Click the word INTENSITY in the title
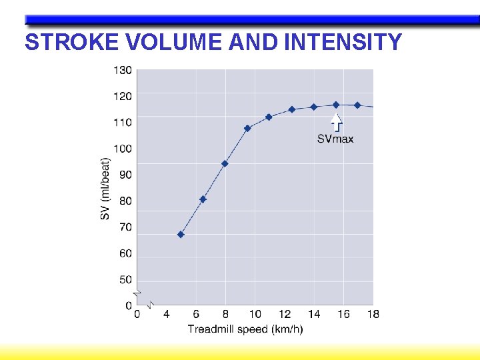click(x=343, y=42)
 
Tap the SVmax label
click(x=335, y=139)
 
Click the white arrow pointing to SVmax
click(x=337, y=121)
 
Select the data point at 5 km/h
click(x=181, y=235)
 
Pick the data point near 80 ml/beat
click(x=203, y=199)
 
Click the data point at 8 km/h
click(x=225, y=163)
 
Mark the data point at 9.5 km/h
click(x=247, y=128)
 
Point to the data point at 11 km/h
click(x=269, y=117)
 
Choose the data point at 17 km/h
click(x=357, y=105)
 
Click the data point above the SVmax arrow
click(x=336, y=105)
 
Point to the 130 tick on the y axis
click(x=123, y=69)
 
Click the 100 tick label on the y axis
click(x=123, y=149)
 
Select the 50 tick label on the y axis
click(x=125, y=280)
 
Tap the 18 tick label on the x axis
click(x=373, y=314)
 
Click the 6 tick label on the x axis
click(x=196, y=314)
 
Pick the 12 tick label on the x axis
click(x=285, y=314)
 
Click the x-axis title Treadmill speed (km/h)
click(x=245, y=329)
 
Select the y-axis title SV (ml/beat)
click(x=105, y=189)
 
